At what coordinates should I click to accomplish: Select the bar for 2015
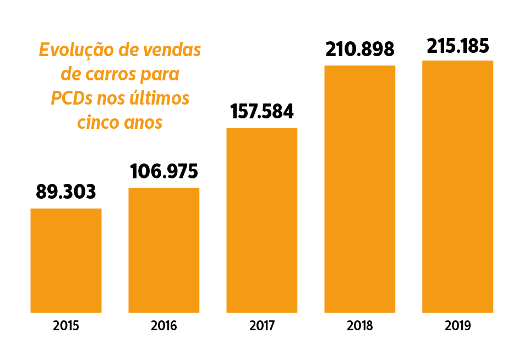click(66, 260)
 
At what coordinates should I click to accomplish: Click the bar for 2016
click(164, 250)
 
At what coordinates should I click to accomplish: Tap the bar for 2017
click(262, 220)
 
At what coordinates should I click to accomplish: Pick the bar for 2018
click(360, 189)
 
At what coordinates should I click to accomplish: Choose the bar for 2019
click(457, 186)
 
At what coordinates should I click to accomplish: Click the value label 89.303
click(66, 192)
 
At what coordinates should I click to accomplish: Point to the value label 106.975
click(164, 171)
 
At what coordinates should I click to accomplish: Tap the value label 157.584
click(262, 112)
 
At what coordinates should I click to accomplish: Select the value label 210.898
click(360, 50)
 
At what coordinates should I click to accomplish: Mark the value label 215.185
click(458, 46)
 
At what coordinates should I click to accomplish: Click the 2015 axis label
click(66, 326)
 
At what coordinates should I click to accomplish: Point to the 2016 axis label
click(164, 326)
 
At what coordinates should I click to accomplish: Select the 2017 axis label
click(262, 326)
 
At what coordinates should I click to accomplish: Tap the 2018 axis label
click(360, 326)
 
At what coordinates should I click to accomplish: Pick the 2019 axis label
click(458, 326)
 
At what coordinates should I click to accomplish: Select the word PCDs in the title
click(72, 99)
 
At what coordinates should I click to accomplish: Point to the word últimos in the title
click(160, 99)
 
